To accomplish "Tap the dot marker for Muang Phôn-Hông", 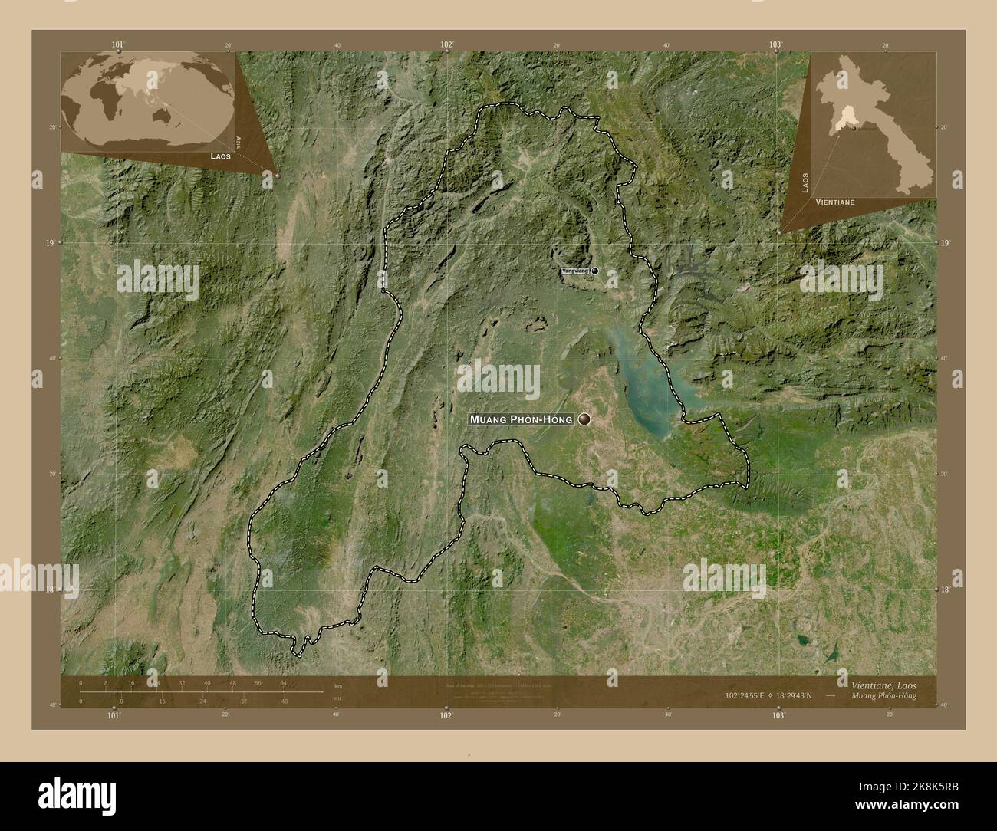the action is pyautogui.click(x=586, y=419).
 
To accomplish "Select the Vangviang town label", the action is pyautogui.click(x=574, y=271).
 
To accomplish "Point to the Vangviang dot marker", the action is pyautogui.click(x=594, y=271).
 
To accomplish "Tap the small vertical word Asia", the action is pyautogui.click(x=239, y=141).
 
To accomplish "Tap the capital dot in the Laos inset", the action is pyautogui.click(x=853, y=128).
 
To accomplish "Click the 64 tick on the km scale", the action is pyautogui.click(x=283, y=682).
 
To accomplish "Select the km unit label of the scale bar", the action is pyautogui.click(x=338, y=686).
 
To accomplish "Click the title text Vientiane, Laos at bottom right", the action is pyautogui.click(x=882, y=683).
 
